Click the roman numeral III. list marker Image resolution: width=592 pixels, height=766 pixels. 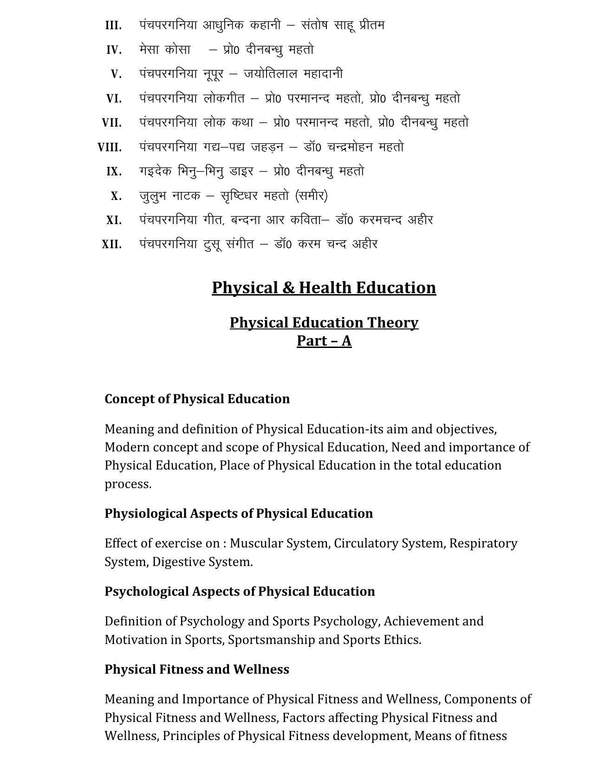pyautogui.click(x=113, y=26)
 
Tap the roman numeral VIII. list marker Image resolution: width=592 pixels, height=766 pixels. pyautogui.click(x=110, y=148)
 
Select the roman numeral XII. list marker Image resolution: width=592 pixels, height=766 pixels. pyautogui.click(x=112, y=245)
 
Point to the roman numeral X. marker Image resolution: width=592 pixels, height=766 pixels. pyautogui.click(x=116, y=196)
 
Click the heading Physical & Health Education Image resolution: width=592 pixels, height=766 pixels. pyautogui.click(x=324, y=288)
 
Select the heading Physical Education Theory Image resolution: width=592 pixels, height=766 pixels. pyautogui.click(x=324, y=322)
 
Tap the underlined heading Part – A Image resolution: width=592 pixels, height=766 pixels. pyautogui.click(x=324, y=341)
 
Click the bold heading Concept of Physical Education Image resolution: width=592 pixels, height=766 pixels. pyautogui.click(x=197, y=399)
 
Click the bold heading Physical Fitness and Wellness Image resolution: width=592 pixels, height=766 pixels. pyautogui.click(x=196, y=669)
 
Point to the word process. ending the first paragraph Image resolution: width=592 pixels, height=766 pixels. pyautogui.click(x=128, y=484)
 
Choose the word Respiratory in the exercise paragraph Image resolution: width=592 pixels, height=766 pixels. pyautogui.click(x=483, y=543)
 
